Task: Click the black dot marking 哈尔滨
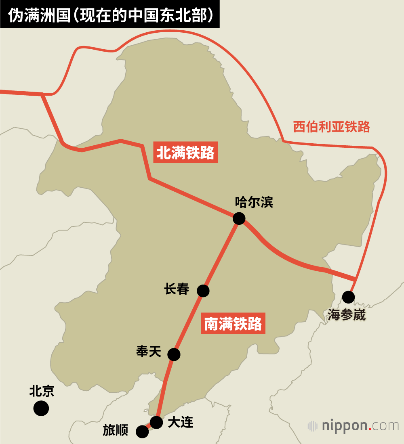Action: pyautogui.click(x=239, y=218)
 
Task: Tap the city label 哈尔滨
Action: pyautogui.click(x=254, y=202)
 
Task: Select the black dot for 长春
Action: pyautogui.click(x=203, y=291)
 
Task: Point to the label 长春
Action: pyautogui.click(x=177, y=289)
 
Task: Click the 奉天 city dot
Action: pyautogui.click(x=174, y=354)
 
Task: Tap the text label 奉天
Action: pyautogui.click(x=149, y=352)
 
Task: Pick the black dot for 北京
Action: pyautogui.click(x=41, y=408)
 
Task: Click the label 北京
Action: pyautogui.click(x=42, y=391)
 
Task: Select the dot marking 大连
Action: pyautogui.click(x=156, y=422)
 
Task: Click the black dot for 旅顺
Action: pyautogui.click(x=142, y=431)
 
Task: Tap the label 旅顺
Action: pyautogui.click(x=115, y=431)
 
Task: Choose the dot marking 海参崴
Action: pyautogui.click(x=348, y=297)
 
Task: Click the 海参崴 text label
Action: pyautogui.click(x=347, y=315)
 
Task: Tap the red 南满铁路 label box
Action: pyautogui.click(x=233, y=323)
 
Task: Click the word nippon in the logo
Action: pyautogui.click(x=344, y=425)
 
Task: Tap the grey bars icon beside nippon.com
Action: pyautogui.click(x=312, y=426)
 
